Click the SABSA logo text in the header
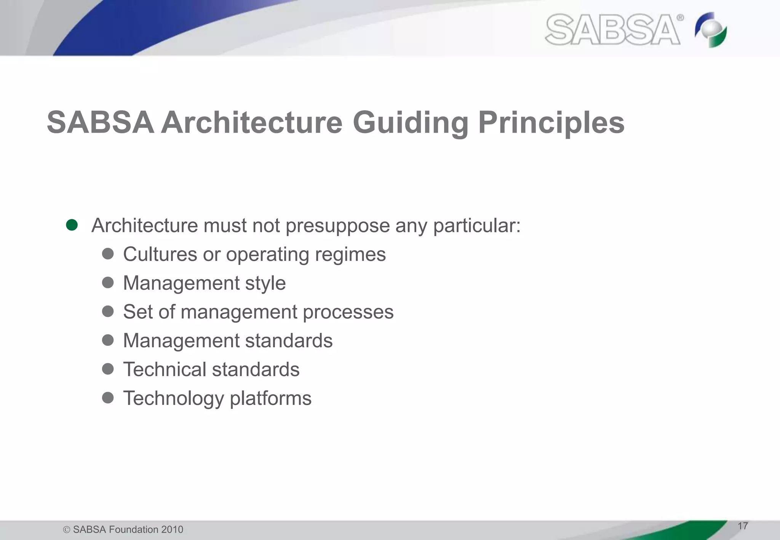coord(612,30)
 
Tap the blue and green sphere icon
coord(711,30)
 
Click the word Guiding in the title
coord(410,123)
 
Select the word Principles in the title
coord(551,123)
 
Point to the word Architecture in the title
coord(252,123)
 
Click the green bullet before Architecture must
coord(72,225)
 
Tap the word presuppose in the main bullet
coord(337,225)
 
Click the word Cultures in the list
coord(160,254)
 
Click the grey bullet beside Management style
coord(108,283)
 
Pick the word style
coord(265,283)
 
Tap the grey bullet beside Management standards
coord(108,340)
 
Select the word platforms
coord(270,399)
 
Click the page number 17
coord(742,526)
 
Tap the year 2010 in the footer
coord(172,529)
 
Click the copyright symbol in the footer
coord(67,530)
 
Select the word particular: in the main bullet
coord(476,225)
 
